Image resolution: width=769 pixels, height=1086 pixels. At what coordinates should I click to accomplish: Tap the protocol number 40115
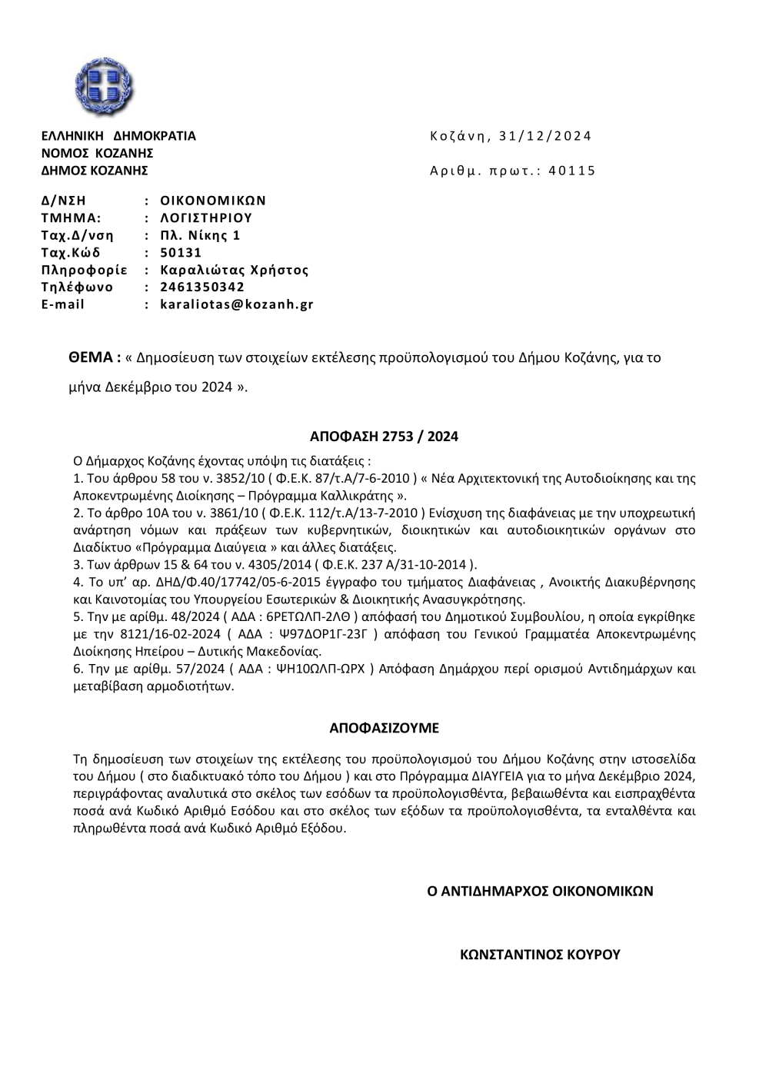[x=571, y=171]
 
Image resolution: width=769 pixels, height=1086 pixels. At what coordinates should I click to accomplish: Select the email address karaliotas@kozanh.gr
[x=237, y=304]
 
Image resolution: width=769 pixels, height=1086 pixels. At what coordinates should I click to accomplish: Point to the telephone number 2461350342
[x=202, y=287]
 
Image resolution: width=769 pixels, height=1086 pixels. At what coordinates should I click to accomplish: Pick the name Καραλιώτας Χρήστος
[x=235, y=270]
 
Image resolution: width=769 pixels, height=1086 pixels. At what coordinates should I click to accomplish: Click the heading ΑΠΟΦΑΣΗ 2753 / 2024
[x=384, y=437]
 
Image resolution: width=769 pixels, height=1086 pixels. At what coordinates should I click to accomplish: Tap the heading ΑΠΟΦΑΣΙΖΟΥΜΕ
[x=384, y=726]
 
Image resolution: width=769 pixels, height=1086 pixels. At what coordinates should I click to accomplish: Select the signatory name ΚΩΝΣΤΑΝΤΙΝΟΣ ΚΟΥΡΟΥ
[x=540, y=955]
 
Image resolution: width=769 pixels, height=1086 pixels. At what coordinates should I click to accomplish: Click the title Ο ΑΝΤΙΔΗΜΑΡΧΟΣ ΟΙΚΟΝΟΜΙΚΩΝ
[x=540, y=891]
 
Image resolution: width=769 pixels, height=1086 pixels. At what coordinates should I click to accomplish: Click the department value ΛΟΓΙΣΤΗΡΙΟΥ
[x=206, y=218]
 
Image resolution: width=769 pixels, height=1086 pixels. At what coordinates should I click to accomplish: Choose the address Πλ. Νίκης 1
[x=200, y=235]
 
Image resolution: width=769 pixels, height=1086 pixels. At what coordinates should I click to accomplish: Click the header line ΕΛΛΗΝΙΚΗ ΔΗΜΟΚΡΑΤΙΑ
[x=118, y=136]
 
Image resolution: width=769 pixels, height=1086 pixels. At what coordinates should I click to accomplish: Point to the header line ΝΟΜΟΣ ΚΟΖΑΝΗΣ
[x=98, y=153]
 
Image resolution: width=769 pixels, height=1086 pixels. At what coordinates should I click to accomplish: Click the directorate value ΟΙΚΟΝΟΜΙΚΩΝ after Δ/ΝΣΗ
[x=213, y=201]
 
